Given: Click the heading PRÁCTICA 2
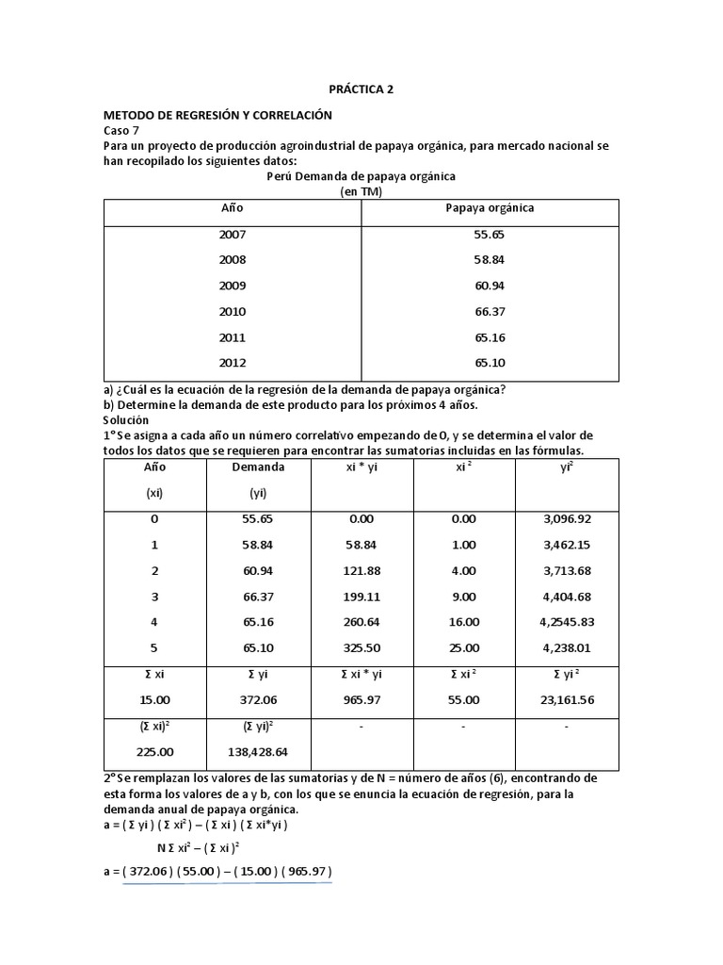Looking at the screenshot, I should pyautogui.click(x=361, y=90).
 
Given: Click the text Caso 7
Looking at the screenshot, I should pyautogui.click(x=120, y=131).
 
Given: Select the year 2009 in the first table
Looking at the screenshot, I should pyautogui.click(x=232, y=286).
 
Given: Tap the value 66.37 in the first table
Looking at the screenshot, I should pyautogui.click(x=490, y=311).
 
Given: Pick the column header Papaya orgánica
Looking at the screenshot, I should pyautogui.click(x=490, y=208).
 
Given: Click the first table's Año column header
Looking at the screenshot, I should pyautogui.click(x=232, y=208).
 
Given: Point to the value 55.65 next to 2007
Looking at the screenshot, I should pyautogui.click(x=490, y=235).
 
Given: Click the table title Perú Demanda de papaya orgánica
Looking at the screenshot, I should pyautogui.click(x=361, y=176).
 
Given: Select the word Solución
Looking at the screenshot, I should pyautogui.click(x=126, y=418).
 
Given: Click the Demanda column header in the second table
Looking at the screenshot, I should pyautogui.click(x=258, y=466).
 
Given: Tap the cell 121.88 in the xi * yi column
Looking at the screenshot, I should pyautogui.click(x=361, y=570).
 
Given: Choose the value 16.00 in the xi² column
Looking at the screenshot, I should pyautogui.click(x=463, y=622).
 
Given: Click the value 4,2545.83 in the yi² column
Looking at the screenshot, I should pyautogui.click(x=566, y=622).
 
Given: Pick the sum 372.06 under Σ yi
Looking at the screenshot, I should pyautogui.click(x=258, y=700).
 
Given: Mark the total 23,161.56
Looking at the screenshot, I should pyautogui.click(x=566, y=700).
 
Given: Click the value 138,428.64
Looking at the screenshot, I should pyautogui.click(x=258, y=753).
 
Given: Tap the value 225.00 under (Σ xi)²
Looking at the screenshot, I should pyautogui.click(x=154, y=753).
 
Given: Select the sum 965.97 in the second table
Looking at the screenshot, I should pyautogui.click(x=361, y=700).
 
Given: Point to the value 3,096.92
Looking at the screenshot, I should pyautogui.click(x=566, y=519).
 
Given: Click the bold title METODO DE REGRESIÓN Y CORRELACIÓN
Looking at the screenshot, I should pyautogui.click(x=218, y=115).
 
